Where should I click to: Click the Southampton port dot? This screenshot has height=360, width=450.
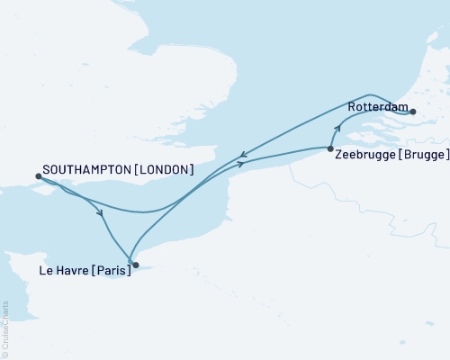tap(37, 176)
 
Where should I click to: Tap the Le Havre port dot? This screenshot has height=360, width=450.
tap(135, 265)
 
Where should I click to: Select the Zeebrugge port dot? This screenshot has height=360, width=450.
tap(330, 148)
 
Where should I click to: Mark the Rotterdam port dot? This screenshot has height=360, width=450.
tap(413, 112)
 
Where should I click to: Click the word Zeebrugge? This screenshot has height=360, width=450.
tap(367, 155)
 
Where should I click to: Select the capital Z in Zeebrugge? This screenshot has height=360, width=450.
tap(338, 155)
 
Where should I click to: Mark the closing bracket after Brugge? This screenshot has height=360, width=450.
tap(446, 155)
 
